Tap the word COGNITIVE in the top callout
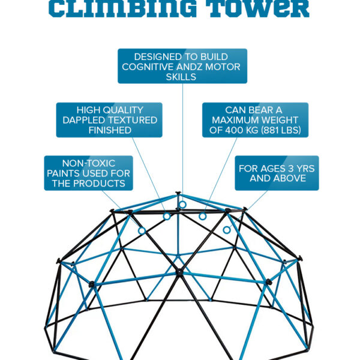pos(149,67)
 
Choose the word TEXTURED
pos(134,120)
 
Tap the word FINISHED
pos(109,130)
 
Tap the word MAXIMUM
pos(238,120)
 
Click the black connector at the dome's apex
pos(178,194)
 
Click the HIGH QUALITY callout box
pos(109,120)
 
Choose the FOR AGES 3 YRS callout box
pos(277,173)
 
